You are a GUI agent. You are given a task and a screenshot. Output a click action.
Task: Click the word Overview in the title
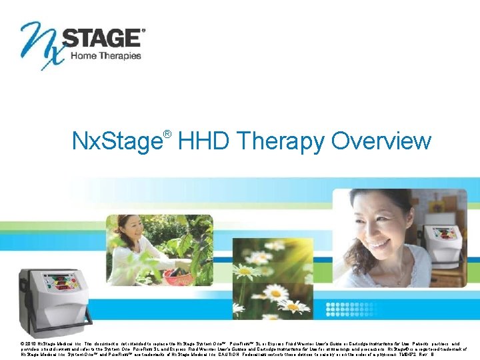[x=381, y=141]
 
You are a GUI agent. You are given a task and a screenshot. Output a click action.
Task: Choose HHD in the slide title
[x=204, y=141]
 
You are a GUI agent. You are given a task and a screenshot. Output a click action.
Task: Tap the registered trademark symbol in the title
[x=167, y=134]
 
